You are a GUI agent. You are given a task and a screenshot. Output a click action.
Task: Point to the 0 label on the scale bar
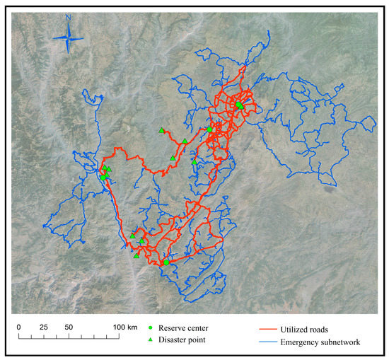coord(19,327)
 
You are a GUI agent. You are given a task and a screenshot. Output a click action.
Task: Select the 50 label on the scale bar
coord(69,327)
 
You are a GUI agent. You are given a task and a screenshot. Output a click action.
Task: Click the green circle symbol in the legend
coord(151,328)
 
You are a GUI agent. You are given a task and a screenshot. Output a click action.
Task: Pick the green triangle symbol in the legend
coord(151,340)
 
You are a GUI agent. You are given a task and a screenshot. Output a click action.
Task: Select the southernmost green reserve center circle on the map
coord(166,262)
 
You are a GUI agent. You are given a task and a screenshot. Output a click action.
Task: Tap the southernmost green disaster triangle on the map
coord(136,256)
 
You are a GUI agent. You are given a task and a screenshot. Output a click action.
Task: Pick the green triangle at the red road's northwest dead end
coord(161,130)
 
